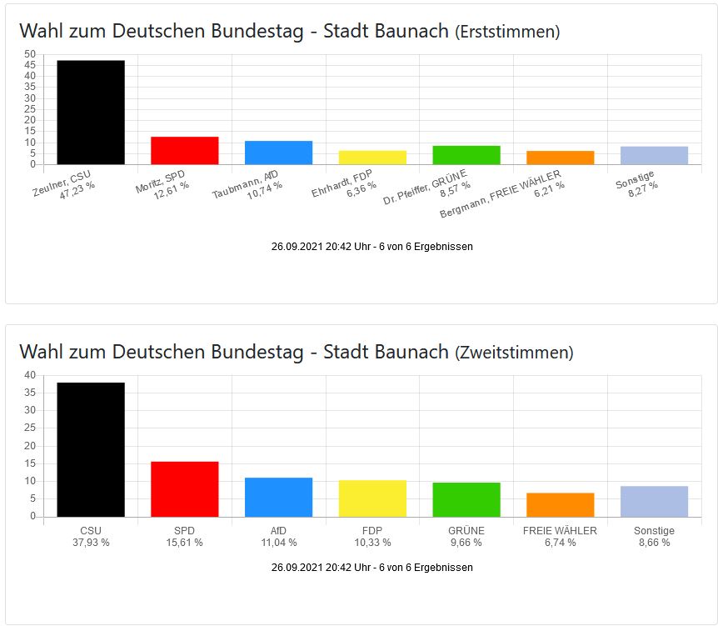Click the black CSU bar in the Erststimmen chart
click(x=90, y=112)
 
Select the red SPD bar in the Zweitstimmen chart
click(x=184, y=489)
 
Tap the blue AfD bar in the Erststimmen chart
click(x=278, y=153)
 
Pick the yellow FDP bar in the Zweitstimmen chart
click(x=372, y=498)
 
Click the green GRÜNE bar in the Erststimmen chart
click(x=466, y=155)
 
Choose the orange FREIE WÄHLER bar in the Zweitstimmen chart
click(x=561, y=505)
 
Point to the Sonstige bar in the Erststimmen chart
click(x=654, y=156)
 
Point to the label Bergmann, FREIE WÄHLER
click(x=501, y=194)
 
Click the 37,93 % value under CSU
click(x=90, y=543)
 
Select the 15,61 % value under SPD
click(x=184, y=543)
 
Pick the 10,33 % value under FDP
click(x=372, y=543)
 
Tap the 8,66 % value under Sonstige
click(x=654, y=543)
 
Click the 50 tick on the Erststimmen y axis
click(x=30, y=54)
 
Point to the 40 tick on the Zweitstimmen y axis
click(x=30, y=375)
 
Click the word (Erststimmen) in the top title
click(x=507, y=32)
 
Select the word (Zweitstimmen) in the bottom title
click(x=514, y=353)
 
